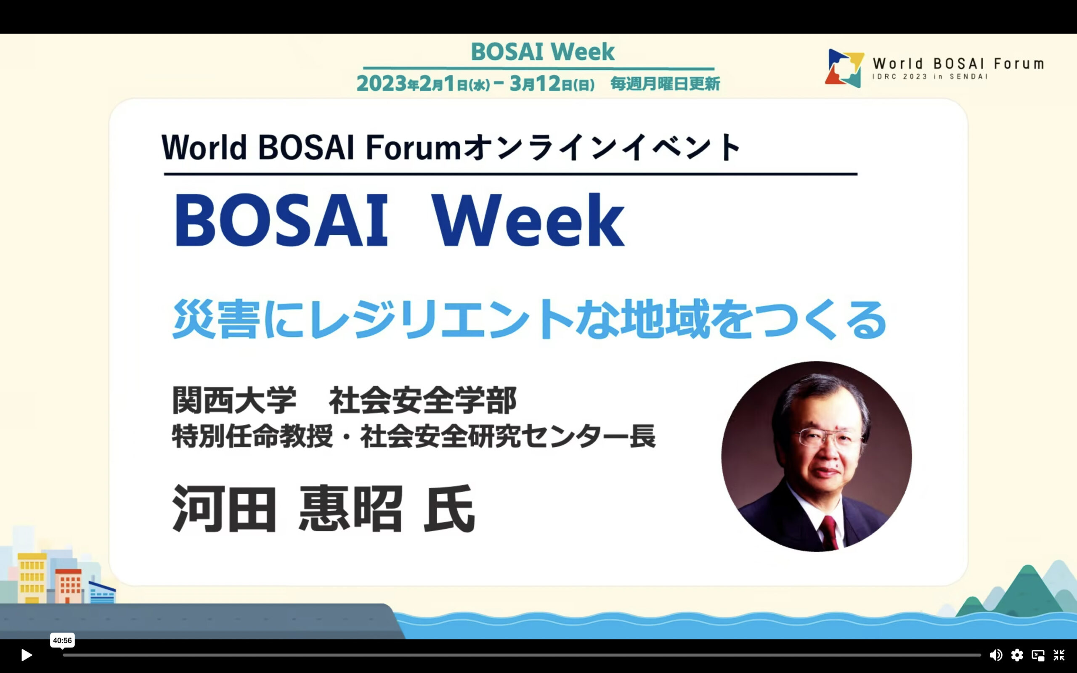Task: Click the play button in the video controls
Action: (26, 655)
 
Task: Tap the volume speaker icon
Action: (995, 655)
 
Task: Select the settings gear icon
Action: (1017, 655)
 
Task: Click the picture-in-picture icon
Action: (1038, 655)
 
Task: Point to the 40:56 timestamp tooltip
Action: (62, 641)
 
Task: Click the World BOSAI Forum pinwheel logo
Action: (844, 68)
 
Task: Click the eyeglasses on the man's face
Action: (830, 437)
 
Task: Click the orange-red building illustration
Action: (69, 586)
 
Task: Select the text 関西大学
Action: (234, 400)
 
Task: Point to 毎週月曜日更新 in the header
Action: (665, 83)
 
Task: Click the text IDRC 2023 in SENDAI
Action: (929, 77)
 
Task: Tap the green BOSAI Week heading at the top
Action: (543, 51)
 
